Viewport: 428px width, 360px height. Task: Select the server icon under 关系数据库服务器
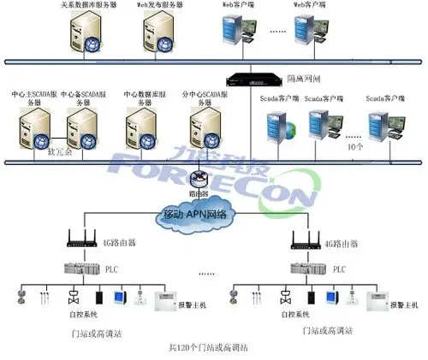(89, 32)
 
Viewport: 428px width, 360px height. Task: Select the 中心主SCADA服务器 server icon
(32, 129)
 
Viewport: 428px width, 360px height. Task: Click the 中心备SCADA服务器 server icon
(79, 129)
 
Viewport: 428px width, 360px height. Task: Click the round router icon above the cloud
(201, 179)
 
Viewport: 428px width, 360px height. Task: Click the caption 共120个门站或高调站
(208, 348)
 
